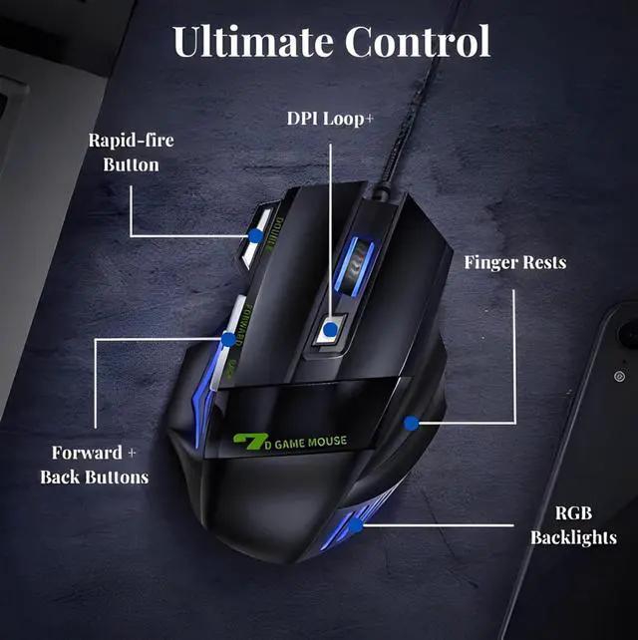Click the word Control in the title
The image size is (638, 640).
point(418,42)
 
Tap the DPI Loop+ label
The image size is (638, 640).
point(330,118)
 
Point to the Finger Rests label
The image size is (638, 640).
point(514,263)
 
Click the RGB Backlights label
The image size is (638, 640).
point(573,525)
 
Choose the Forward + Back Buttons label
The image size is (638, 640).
point(94,465)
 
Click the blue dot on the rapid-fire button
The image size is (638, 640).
point(256,236)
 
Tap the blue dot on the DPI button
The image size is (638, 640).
point(330,328)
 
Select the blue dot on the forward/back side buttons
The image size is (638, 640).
point(228,339)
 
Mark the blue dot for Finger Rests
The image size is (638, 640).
point(411,423)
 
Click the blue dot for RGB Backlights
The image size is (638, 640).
point(356,524)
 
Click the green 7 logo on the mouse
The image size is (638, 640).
point(245,441)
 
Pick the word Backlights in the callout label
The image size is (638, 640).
point(573,537)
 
